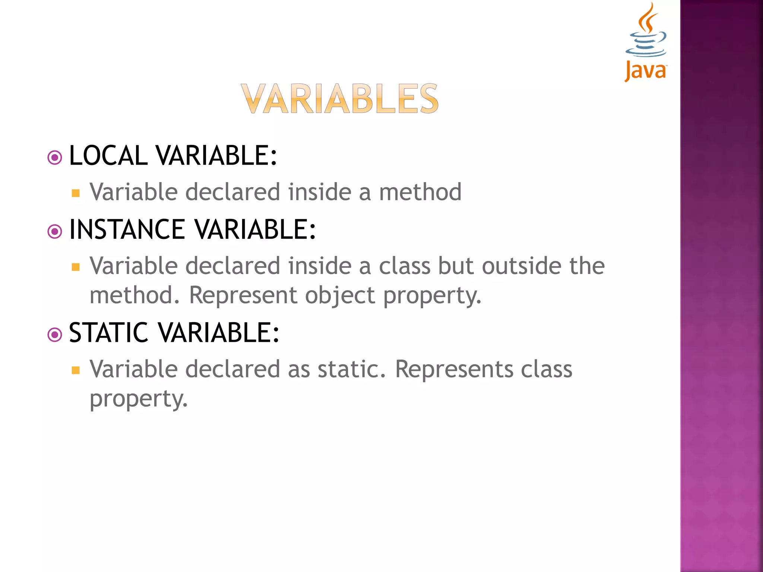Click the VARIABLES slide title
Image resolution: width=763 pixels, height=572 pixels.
339,99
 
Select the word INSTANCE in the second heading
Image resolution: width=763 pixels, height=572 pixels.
127,229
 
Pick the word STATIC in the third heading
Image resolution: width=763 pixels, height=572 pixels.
109,333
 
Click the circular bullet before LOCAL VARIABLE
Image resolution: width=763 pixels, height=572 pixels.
55,158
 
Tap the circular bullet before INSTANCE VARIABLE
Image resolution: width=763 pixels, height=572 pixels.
55,232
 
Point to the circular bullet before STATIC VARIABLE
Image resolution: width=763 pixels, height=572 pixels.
55,335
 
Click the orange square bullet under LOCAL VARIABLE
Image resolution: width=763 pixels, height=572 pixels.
76,193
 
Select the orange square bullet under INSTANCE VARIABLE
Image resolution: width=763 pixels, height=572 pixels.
76,267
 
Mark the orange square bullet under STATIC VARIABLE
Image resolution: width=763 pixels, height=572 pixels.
76,370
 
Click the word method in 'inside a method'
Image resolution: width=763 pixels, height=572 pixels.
420,192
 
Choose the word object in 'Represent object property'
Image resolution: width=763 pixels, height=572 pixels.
340,296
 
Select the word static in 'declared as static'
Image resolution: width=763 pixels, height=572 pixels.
351,369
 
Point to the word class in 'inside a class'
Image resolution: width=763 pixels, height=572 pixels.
404,266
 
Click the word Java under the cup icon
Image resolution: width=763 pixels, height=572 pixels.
645,71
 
